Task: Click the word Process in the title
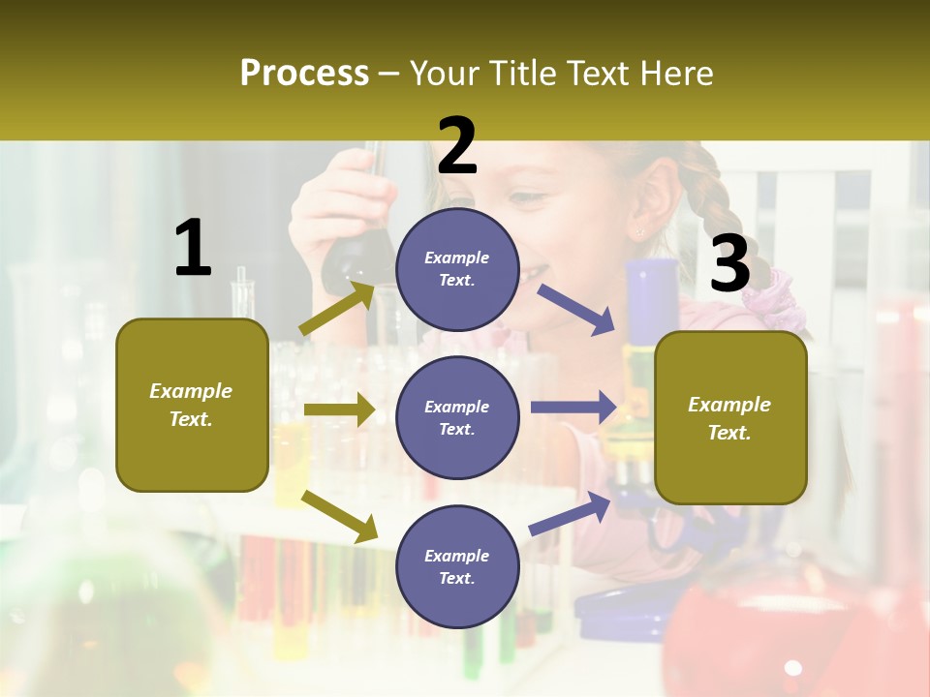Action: tap(304, 73)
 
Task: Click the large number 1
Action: tap(193, 248)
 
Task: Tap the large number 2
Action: tap(457, 145)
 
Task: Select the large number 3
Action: tap(729, 263)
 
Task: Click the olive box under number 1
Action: tap(192, 405)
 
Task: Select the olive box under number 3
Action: tap(730, 417)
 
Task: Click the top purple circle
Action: tap(457, 269)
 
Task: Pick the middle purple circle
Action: tap(457, 417)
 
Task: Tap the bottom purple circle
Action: tap(457, 566)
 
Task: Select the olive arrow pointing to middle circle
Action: tap(338, 409)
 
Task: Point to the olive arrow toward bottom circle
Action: tap(340, 515)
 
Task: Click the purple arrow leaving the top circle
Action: tap(576, 309)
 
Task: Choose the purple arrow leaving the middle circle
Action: tap(573, 408)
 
